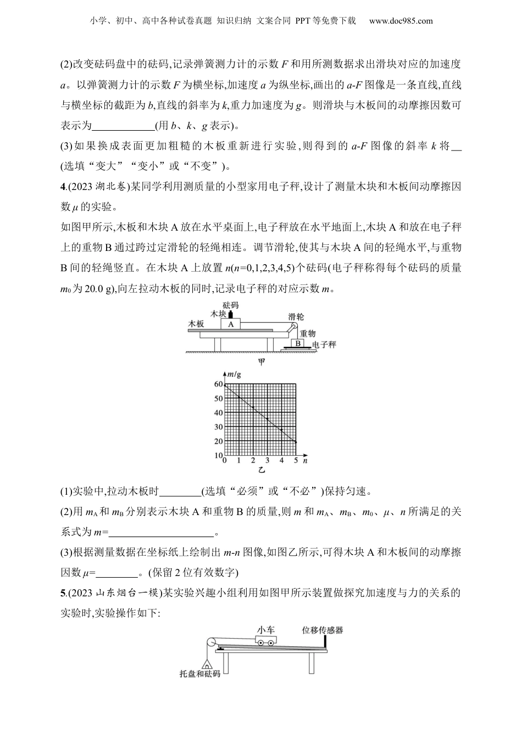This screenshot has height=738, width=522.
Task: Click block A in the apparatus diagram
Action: (x=231, y=325)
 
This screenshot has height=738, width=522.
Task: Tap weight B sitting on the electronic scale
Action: (x=298, y=343)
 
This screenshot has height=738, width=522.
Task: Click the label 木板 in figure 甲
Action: (x=196, y=324)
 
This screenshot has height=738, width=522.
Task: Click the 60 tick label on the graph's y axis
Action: (x=219, y=384)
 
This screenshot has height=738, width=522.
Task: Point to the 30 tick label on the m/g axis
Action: (x=219, y=427)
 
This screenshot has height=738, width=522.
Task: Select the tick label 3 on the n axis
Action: (x=268, y=461)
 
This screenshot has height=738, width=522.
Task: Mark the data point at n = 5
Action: (x=296, y=441)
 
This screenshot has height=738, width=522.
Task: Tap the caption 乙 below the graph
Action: (x=262, y=471)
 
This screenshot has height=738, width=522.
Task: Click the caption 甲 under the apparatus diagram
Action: (x=262, y=362)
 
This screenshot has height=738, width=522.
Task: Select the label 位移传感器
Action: (x=323, y=630)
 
